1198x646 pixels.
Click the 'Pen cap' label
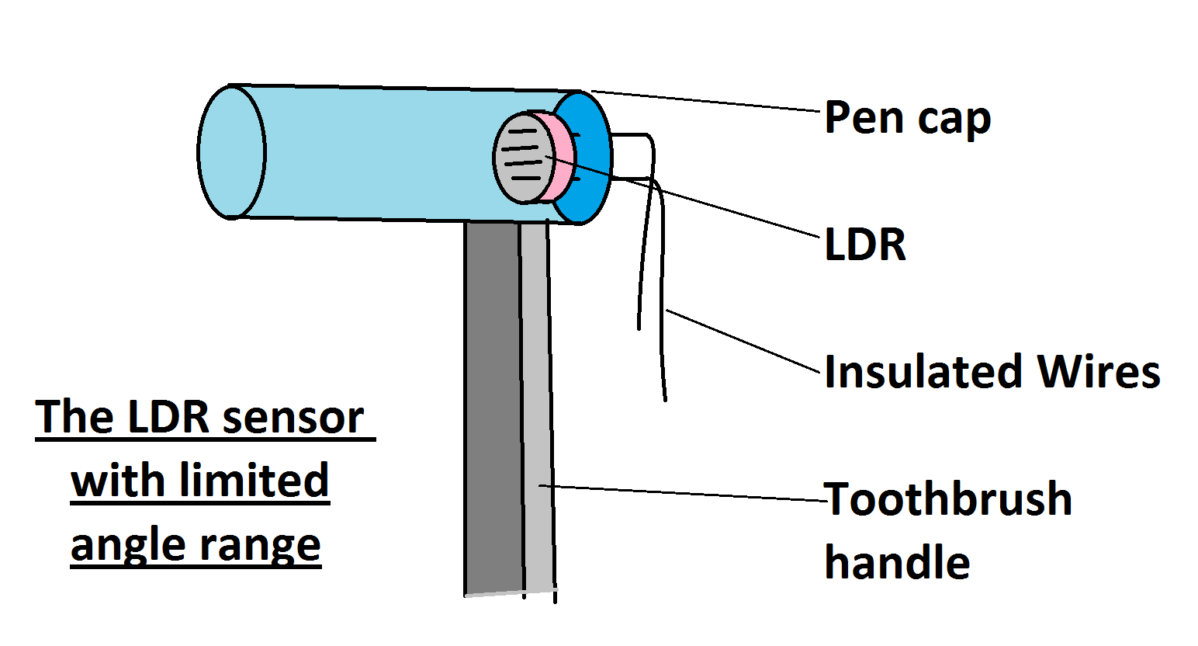(x=907, y=118)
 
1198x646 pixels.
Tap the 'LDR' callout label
(x=865, y=245)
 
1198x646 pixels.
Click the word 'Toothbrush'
(x=948, y=498)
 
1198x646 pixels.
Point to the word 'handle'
(x=897, y=562)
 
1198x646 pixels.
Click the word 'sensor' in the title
(x=293, y=418)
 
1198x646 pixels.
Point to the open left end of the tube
(x=231, y=152)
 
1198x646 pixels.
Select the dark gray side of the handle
(x=493, y=404)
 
